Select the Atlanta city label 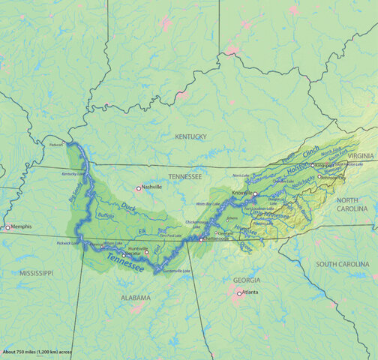[x=250, y=292]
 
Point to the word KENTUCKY [x=190, y=137]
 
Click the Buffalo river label [x=106, y=215]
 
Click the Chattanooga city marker [x=200, y=240]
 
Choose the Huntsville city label [x=137, y=248]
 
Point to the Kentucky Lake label [x=73, y=173]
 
